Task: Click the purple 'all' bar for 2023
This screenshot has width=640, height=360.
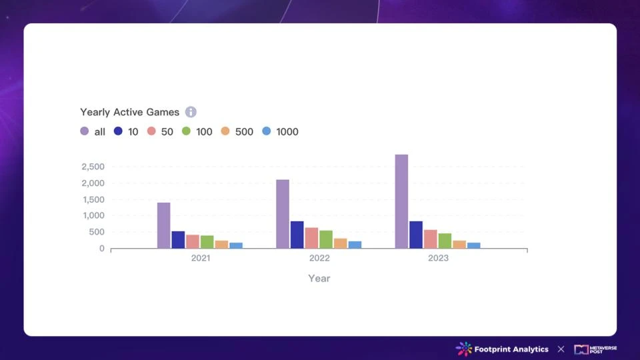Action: point(401,201)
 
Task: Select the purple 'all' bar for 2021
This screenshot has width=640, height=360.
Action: point(163,225)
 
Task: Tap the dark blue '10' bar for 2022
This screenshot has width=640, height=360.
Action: point(297,235)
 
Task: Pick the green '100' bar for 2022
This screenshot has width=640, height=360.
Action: point(326,239)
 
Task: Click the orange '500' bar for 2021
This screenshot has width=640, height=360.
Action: point(221,244)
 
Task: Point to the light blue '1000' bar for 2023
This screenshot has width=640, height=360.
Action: point(473,245)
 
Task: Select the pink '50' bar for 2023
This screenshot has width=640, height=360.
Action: point(431,239)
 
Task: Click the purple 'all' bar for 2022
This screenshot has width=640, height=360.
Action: point(283,214)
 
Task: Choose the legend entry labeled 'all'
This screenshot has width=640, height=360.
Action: point(93,131)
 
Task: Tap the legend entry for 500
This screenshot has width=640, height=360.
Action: point(237,131)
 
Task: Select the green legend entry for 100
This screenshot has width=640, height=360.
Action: point(197,131)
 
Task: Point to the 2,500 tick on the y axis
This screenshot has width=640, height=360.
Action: point(93,167)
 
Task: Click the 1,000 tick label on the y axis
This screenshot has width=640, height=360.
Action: point(93,215)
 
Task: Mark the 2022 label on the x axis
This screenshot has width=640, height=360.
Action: point(319,258)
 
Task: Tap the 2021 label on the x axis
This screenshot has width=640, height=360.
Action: point(200,258)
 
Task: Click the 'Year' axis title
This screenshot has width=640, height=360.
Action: point(319,278)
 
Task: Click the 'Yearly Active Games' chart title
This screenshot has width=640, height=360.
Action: point(129,112)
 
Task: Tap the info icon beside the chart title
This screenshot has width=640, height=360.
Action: point(191,112)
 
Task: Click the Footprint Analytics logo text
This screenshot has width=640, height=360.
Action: point(511,349)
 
